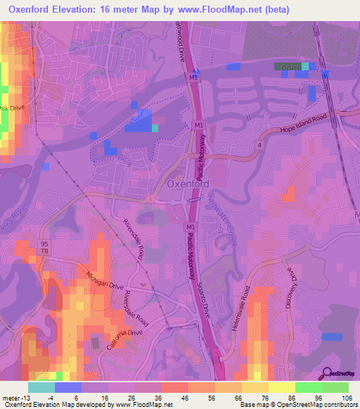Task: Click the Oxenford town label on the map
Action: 188,184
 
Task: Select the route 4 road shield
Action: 259,145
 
